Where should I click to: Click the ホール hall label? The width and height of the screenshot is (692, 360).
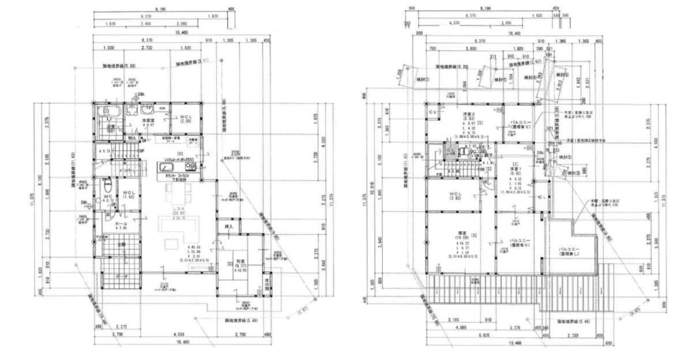(121, 224)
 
